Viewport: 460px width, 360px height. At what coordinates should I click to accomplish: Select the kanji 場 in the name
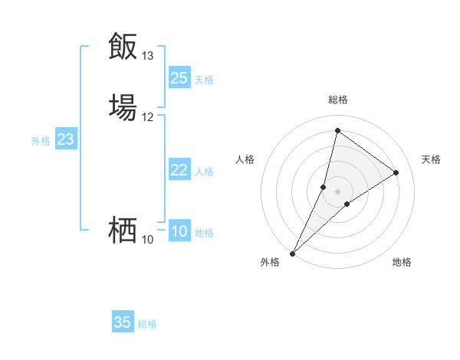point(123,106)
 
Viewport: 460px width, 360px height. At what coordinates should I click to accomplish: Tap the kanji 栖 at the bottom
point(123,230)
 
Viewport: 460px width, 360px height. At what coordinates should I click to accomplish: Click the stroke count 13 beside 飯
point(148,56)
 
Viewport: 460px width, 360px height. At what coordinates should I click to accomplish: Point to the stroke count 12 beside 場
point(148,117)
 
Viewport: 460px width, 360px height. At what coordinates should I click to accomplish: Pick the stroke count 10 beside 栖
point(148,240)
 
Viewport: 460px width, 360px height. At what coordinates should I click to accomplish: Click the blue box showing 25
point(179,78)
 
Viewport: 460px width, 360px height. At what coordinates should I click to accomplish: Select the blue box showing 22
point(179,171)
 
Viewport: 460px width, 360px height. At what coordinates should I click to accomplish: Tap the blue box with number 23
point(66,140)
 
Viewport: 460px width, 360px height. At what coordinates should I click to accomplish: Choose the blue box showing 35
point(123,322)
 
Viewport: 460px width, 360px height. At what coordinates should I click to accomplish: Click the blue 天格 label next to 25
point(204,80)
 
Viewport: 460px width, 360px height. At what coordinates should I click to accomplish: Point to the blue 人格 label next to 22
point(204,172)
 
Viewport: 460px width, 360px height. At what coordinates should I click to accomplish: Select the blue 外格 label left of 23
point(41,141)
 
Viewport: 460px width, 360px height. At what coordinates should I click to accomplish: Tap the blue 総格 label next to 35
point(147,324)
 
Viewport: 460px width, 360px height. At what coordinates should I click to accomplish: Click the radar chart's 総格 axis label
point(338,100)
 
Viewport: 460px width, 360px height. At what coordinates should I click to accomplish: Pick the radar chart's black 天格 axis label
point(432,159)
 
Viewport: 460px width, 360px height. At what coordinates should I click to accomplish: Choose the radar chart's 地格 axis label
point(402,263)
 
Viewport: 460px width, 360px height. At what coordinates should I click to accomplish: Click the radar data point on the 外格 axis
point(292,253)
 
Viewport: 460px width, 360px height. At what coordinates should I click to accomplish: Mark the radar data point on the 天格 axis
point(396,172)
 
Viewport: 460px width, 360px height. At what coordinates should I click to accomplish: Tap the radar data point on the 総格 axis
point(338,131)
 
